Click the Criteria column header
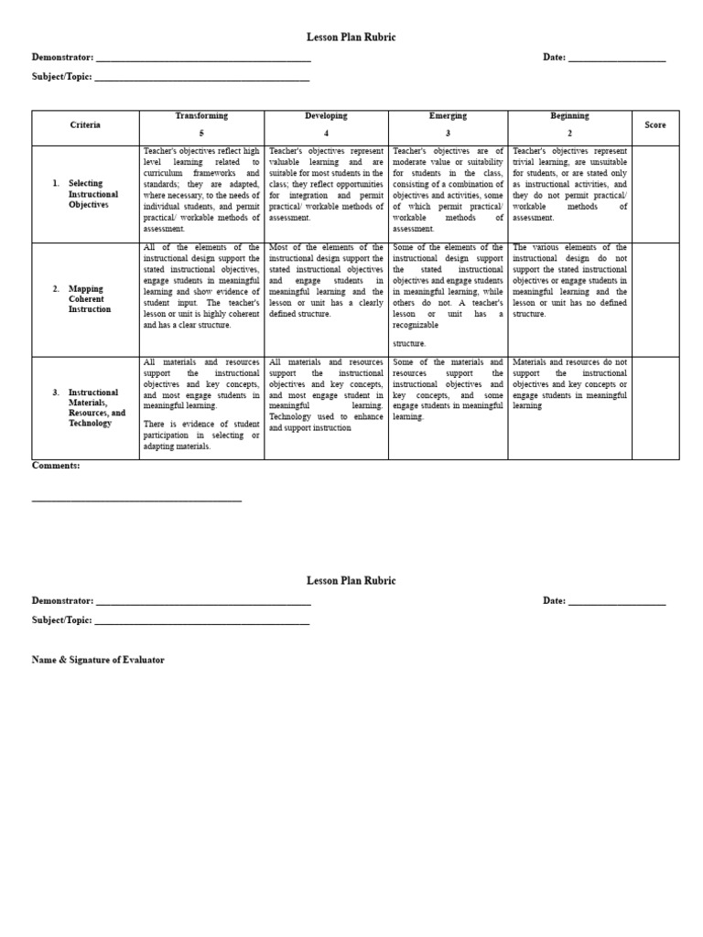85,124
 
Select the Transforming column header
201,116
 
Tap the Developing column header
326,116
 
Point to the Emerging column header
448,116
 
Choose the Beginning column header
569,116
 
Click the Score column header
654,124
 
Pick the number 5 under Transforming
201,133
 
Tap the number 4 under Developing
326,133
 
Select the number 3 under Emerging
448,133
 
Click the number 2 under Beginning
569,133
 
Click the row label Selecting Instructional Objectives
92,194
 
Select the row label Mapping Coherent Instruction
87,299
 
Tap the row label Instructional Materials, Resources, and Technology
96,408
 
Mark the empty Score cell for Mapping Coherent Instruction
655,299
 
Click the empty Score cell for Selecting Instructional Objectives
655,194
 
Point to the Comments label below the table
56,466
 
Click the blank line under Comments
136,500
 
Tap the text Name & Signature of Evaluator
98,660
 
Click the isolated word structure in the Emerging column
409,343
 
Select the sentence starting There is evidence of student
201,435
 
